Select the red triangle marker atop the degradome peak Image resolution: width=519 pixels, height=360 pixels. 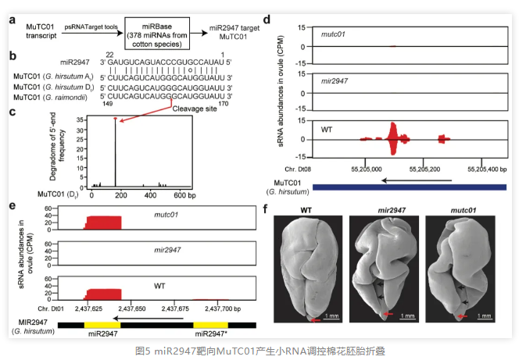(116, 119)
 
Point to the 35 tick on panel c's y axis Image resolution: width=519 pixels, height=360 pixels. (80, 119)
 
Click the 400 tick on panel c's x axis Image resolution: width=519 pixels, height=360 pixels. (146, 194)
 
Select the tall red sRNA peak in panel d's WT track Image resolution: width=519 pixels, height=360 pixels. (393, 138)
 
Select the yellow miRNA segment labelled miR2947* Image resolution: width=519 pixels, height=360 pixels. (210, 322)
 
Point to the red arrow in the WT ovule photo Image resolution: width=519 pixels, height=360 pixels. (314, 320)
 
